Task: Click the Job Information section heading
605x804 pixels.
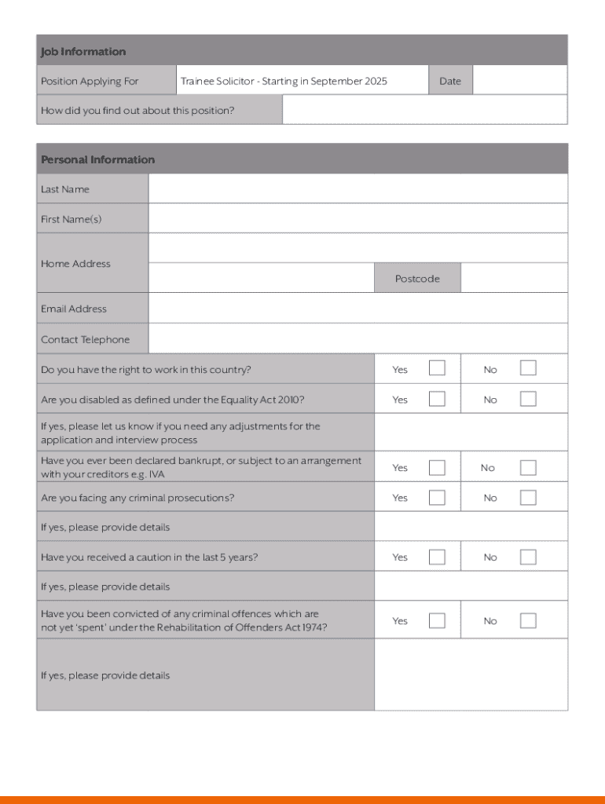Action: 83,52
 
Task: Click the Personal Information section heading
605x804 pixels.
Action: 98,159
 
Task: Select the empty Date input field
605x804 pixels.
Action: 519,81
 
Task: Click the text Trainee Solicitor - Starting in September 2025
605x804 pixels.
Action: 284,81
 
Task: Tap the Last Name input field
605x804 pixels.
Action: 357,189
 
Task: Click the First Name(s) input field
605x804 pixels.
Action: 357,219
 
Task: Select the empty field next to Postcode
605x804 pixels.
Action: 514,279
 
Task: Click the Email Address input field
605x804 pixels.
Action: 357,309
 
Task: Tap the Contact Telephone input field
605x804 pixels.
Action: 357,339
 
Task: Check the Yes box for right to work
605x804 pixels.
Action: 437,368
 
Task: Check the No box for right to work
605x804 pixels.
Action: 528,368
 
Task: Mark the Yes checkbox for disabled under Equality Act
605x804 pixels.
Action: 437,399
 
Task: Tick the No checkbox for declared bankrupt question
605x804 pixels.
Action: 528,467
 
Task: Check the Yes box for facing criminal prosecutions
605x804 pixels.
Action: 437,497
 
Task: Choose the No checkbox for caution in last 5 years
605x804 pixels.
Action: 528,557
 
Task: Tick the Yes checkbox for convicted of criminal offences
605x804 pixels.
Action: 437,620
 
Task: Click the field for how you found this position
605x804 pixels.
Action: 424,110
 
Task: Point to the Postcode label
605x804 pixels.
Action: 417,279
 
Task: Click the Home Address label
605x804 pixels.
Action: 75,264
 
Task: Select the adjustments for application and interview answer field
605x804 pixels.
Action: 471,433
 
